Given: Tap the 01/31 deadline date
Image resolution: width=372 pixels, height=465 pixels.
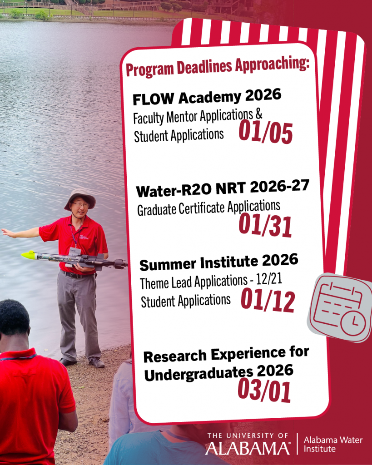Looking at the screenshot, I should (x=265, y=227).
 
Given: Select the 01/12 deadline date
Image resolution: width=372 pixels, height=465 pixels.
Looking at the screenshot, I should (x=268, y=301).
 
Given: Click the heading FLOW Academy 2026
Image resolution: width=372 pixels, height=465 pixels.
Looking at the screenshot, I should (x=207, y=97).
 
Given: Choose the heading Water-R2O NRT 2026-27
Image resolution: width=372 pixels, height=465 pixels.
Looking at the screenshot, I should (x=223, y=188).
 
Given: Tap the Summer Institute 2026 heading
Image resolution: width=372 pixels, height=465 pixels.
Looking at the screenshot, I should (x=218, y=262).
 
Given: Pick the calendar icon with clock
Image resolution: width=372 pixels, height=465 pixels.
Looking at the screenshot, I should (x=341, y=309).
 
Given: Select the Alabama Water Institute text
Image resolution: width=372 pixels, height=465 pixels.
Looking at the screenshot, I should (x=326, y=444).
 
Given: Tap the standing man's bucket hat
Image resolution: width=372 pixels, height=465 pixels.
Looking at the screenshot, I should (x=80, y=196).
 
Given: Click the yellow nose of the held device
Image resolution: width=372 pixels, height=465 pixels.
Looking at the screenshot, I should (x=28, y=254).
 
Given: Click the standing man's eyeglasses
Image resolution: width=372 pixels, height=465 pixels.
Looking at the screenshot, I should (x=80, y=205).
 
